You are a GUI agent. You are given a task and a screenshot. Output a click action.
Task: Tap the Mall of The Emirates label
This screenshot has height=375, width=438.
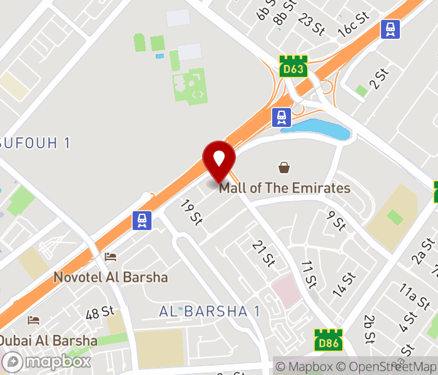pos(285,187)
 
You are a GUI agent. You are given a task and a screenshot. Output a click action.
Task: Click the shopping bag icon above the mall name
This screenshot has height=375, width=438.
pos(284,167)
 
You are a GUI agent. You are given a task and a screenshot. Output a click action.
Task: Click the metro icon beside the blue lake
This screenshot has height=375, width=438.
pos(282,116)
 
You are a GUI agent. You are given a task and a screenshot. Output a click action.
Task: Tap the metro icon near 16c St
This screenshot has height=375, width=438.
pos(390,29)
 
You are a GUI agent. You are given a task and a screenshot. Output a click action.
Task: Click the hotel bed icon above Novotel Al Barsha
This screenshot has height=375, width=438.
pos(111,256)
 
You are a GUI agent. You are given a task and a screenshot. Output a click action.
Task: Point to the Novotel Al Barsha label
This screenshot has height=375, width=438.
pos(111,277)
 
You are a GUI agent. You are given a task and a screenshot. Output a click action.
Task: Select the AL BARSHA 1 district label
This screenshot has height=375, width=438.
pos(210,311)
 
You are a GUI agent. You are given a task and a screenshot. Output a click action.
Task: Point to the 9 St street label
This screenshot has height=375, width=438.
pos(337,220)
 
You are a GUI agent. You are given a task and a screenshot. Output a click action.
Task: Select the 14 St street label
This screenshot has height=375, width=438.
pos(344,284)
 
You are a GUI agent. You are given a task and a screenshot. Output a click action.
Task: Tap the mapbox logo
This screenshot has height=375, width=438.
pos(47,361)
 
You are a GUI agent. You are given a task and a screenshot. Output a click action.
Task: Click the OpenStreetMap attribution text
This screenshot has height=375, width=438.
pos(387,367)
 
